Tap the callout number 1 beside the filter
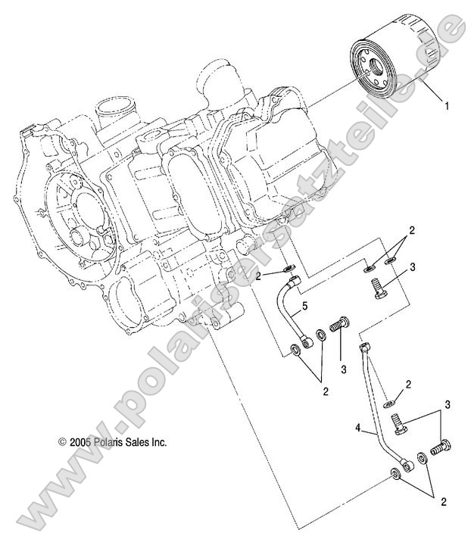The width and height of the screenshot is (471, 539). click(x=447, y=107)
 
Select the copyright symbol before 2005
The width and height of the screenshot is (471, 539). click(x=52, y=441)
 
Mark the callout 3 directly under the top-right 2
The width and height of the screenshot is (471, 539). click(x=412, y=267)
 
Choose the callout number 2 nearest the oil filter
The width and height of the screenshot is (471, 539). click(x=411, y=229)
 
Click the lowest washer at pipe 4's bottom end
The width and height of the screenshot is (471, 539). click(x=395, y=475)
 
